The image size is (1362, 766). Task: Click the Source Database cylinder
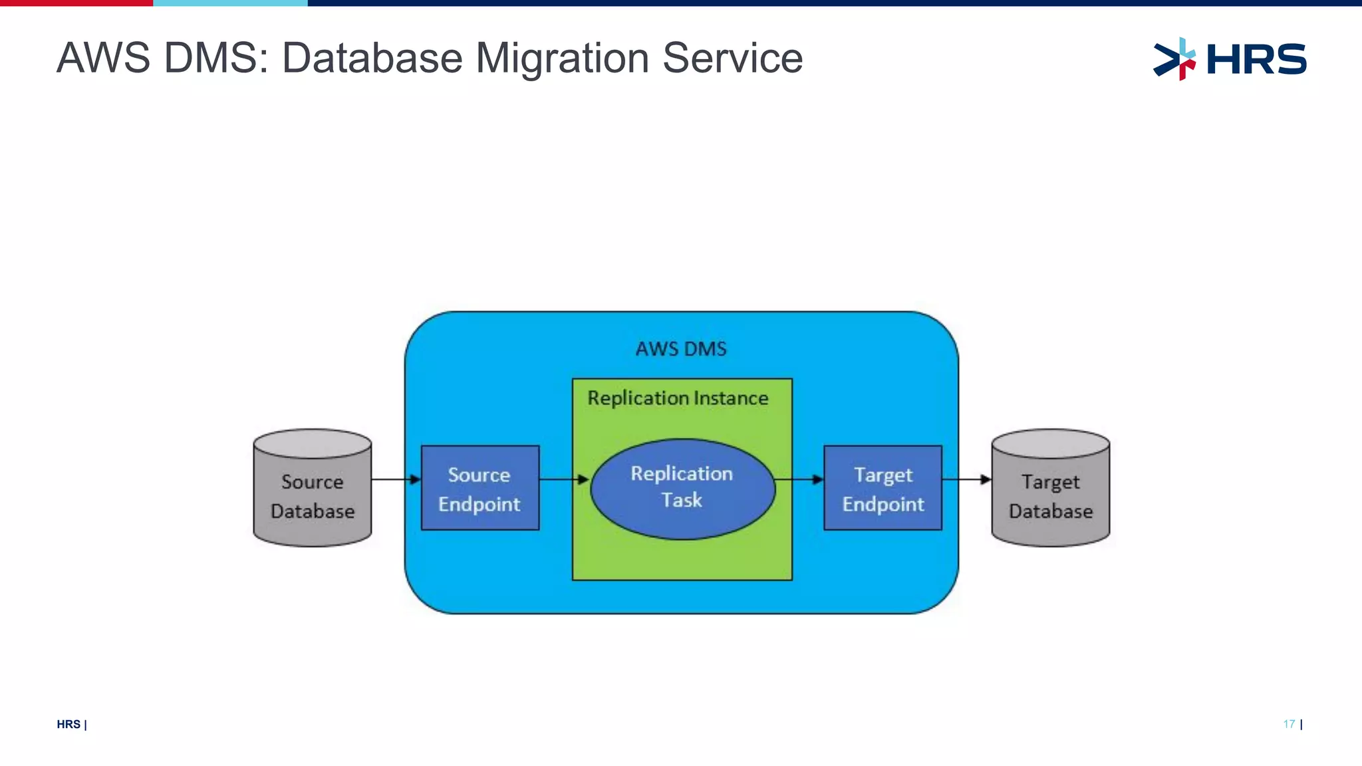coord(313,489)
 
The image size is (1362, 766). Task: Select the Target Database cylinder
coord(1050,489)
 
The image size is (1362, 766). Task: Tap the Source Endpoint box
coord(479,488)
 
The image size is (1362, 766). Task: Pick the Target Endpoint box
coord(883,488)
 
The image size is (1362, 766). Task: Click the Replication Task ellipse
coord(682,488)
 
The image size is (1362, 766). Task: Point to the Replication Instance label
coord(678,398)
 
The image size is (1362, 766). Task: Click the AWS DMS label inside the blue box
coord(681,349)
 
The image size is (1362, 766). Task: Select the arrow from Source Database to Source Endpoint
coord(396,479)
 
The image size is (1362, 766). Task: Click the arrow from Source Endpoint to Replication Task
coord(564,479)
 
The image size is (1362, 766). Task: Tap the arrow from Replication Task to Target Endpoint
coord(800,479)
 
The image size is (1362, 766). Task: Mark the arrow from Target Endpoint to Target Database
coord(966,479)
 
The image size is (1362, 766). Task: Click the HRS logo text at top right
coord(1256,59)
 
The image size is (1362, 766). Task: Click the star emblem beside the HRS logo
coord(1174,59)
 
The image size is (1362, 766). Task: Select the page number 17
coord(1289,724)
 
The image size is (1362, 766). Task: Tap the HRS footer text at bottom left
coord(68,724)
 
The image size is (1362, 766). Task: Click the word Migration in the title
coord(562,58)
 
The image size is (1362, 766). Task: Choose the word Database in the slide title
coord(372,58)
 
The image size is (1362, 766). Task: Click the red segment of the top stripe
coord(76,3)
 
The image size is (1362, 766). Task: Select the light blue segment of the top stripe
coord(230,3)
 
